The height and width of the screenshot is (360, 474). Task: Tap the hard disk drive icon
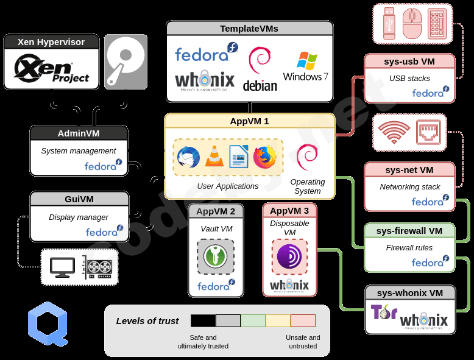tap(126, 62)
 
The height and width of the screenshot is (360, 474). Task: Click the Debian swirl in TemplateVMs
tap(260, 69)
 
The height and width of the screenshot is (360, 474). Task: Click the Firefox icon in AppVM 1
tap(264, 157)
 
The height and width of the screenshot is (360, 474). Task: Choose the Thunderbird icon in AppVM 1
tap(188, 157)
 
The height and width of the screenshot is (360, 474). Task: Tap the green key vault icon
tap(216, 256)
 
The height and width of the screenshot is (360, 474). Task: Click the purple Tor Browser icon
tap(289, 256)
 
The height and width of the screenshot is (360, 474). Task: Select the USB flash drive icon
tap(389, 24)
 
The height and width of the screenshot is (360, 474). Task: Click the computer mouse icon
tap(412, 24)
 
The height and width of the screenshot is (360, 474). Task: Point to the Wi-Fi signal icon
tap(394, 132)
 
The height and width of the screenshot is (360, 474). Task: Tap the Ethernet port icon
tap(428, 132)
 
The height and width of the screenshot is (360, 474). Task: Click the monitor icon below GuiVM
tap(62, 267)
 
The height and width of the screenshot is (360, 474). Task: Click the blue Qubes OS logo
tap(47, 325)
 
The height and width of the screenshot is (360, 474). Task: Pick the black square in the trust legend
tap(203, 320)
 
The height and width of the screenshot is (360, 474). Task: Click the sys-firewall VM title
tap(409, 231)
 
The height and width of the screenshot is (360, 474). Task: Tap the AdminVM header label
tap(79, 133)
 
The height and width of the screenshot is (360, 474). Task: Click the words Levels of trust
tap(147, 321)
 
